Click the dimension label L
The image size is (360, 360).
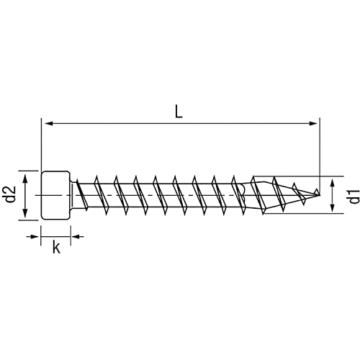[x=179, y=112]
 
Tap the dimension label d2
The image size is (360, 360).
[x=10, y=194]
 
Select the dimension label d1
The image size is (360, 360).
[x=351, y=195]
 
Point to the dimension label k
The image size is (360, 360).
[x=55, y=247]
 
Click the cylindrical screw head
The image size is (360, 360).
[x=56, y=194]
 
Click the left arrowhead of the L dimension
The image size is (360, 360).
[x=46, y=124]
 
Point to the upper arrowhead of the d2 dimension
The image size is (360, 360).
[x=25, y=176]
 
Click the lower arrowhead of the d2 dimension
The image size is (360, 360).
[x=25, y=214]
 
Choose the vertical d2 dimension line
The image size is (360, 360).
[x=25, y=194]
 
